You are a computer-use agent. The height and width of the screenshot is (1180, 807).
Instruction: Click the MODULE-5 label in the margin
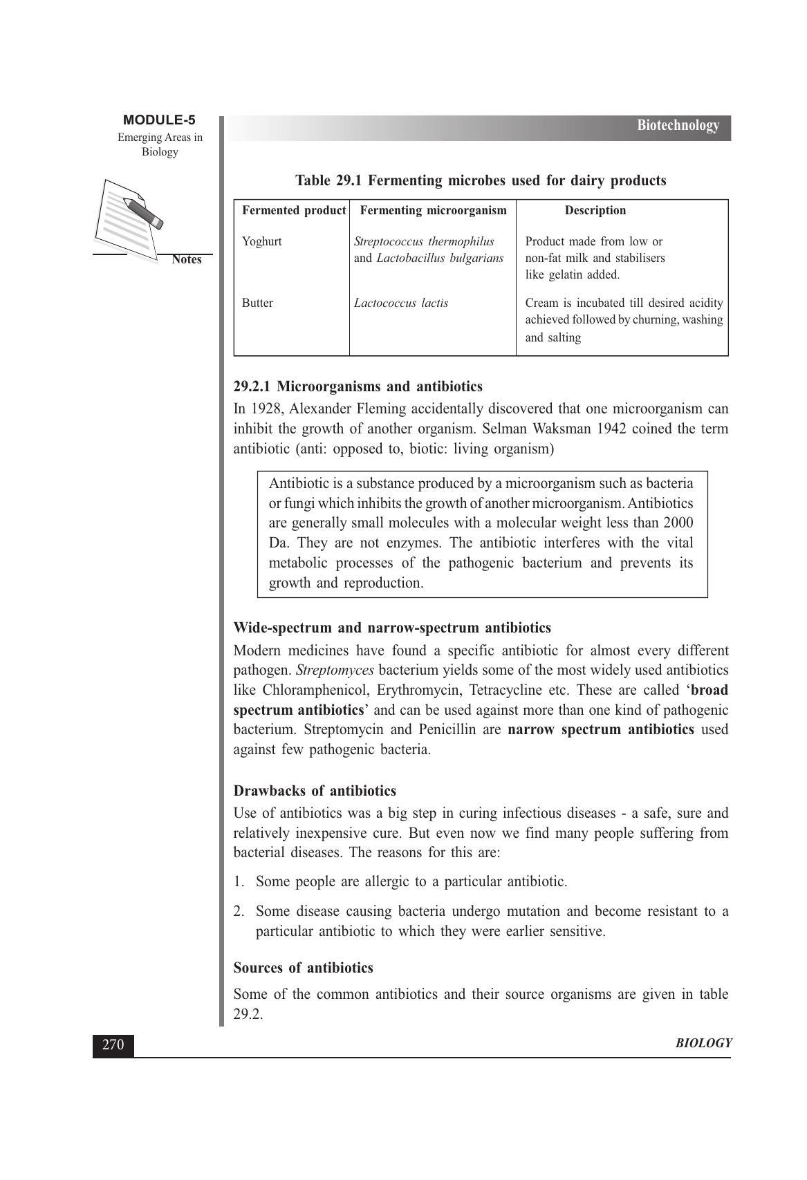pyautogui.click(x=159, y=120)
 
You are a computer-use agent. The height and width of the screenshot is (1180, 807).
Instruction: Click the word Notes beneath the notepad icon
pyautogui.click(x=186, y=260)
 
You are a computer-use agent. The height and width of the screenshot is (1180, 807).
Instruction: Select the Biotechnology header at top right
pyautogui.click(x=678, y=126)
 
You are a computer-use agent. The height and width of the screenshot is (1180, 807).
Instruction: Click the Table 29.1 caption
pyautogui.click(x=481, y=181)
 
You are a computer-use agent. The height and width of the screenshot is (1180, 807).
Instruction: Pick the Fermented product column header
pyautogui.click(x=293, y=211)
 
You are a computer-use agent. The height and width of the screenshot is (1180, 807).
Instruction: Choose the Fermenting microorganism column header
pyautogui.click(x=434, y=211)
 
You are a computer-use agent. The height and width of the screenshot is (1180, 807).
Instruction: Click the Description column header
pyautogui.click(x=595, y=211)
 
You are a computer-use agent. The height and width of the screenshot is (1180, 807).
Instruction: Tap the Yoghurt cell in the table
pyautogui.click(x=261, y=242)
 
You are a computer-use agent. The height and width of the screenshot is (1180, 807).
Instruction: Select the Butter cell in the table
pyautogui.click(x=257, y=303)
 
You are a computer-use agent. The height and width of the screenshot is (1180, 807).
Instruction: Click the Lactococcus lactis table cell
pyautogui.click(x=401, y=303)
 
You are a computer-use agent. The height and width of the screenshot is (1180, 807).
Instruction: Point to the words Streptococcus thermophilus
pyautogui.click(x=424, y=242)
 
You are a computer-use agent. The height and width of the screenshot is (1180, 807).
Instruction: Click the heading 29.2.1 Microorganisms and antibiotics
pyautogui.click(x=358, y=386)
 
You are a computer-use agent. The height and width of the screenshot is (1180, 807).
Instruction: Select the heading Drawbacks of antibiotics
pyautogui.click(x=315, y=791)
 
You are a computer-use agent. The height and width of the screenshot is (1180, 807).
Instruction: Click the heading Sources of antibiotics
pyautogui.click(x=303, y=968)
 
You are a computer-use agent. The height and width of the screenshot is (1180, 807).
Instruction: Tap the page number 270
pyautogui.click(x=113, y=1045)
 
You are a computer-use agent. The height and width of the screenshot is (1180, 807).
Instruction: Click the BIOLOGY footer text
pyautogui.click(x=703, y=1044)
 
